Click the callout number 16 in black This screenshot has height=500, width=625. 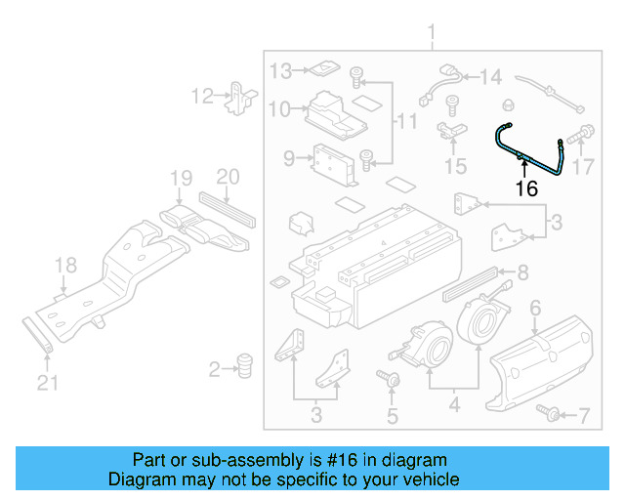(526, 188)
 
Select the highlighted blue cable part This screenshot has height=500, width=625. (531, 156)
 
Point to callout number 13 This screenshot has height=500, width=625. (281, 71)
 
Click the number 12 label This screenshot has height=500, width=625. (202, 96)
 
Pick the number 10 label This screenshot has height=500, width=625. (280, 109)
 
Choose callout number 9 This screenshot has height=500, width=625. (289, 158)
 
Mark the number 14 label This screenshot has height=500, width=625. (489, 76)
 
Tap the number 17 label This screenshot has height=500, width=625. (582, 166)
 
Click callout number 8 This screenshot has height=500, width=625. (522, 272)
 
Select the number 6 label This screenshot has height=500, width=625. (534, 310)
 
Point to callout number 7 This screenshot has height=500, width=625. (584, 417)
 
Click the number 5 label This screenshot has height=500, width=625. (392, 417)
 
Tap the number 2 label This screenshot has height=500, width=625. (214, 369)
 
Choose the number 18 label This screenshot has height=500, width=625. (64, 266)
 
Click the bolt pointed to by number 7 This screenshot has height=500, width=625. (551, 415)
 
